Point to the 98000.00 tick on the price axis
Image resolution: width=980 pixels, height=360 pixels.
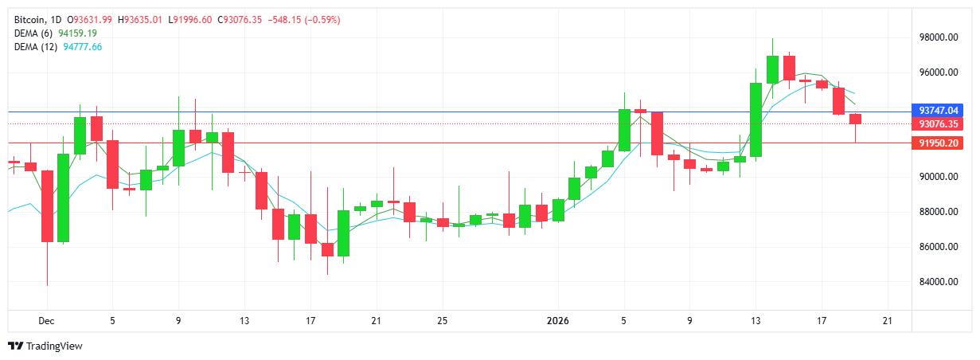[x=936, y=37]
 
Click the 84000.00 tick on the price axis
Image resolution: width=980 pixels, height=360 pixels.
[x=936, y=282]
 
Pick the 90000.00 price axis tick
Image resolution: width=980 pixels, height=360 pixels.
[x=936, y=177]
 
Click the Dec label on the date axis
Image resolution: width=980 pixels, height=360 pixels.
[x=47, y=321]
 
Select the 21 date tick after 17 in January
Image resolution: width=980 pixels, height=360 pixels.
[x=887, y=321]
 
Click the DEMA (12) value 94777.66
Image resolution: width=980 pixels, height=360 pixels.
[x=84, y=47]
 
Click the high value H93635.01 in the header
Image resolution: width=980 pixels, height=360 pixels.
[x=143, y=19]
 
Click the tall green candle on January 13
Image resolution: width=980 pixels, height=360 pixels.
[x=755, y=119]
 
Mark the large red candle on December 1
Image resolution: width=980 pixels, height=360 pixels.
[x=47, y=205]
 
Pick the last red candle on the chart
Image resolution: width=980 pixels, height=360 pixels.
[x=855, y=119]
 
